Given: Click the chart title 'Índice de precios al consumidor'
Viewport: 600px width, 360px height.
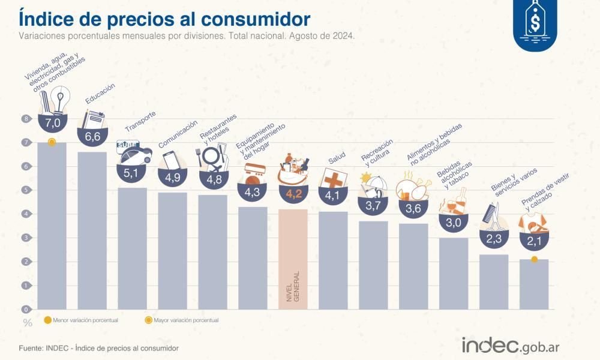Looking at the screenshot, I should coord(165,17).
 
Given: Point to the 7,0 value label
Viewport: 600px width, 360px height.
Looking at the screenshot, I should coord(52,123).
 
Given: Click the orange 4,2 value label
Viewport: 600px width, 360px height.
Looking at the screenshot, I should coord(293,193).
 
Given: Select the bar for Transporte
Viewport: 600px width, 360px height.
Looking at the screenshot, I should coord(133,249).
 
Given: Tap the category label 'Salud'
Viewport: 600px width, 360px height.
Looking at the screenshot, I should coord(337,160).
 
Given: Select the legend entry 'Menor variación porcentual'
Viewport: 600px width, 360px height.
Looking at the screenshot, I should coord(80,320).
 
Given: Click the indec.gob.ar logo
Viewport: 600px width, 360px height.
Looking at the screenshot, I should coord(510,346).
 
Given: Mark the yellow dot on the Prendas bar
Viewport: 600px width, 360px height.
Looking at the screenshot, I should coord(534,259).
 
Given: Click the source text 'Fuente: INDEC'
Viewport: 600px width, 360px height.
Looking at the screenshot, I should coord(98,348).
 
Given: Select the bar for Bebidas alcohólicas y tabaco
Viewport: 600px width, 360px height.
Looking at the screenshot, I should coord(454,274).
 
